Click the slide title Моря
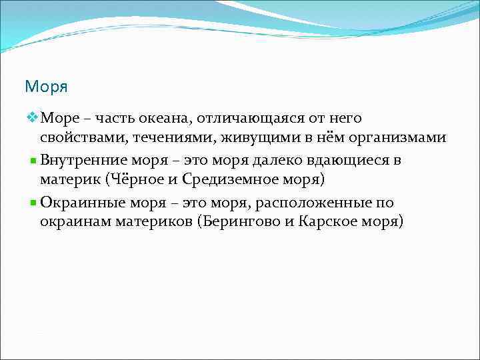point(47,87)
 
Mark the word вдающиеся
point(346,161)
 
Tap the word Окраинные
point(83,202)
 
